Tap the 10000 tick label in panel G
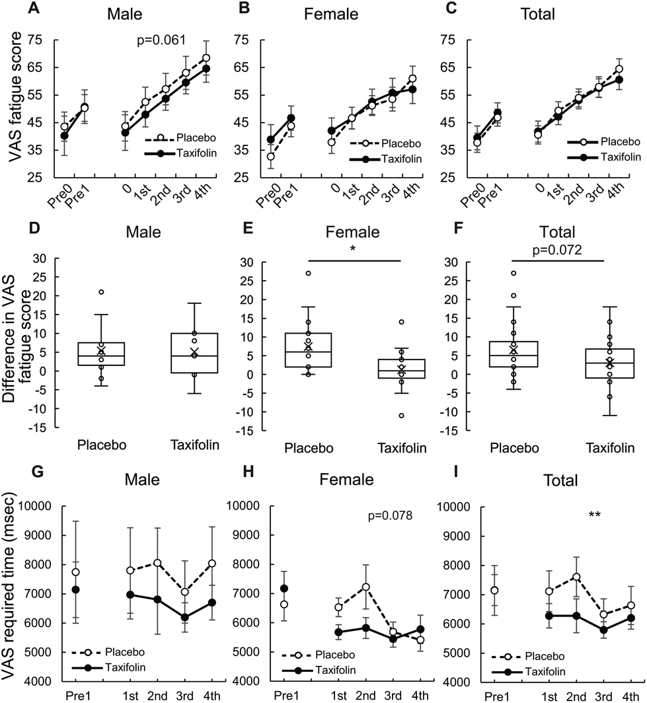(43, 507)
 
